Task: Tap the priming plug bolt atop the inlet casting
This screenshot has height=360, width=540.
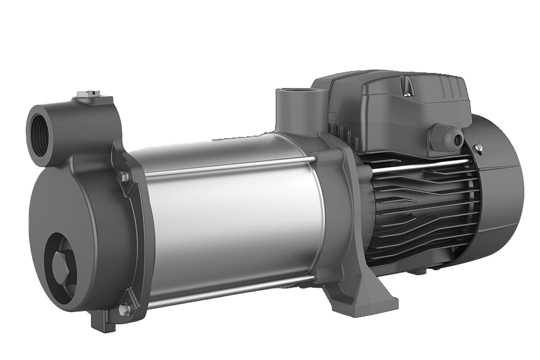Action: pos(82,97)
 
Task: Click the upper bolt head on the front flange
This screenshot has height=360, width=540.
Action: pos(123,178)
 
